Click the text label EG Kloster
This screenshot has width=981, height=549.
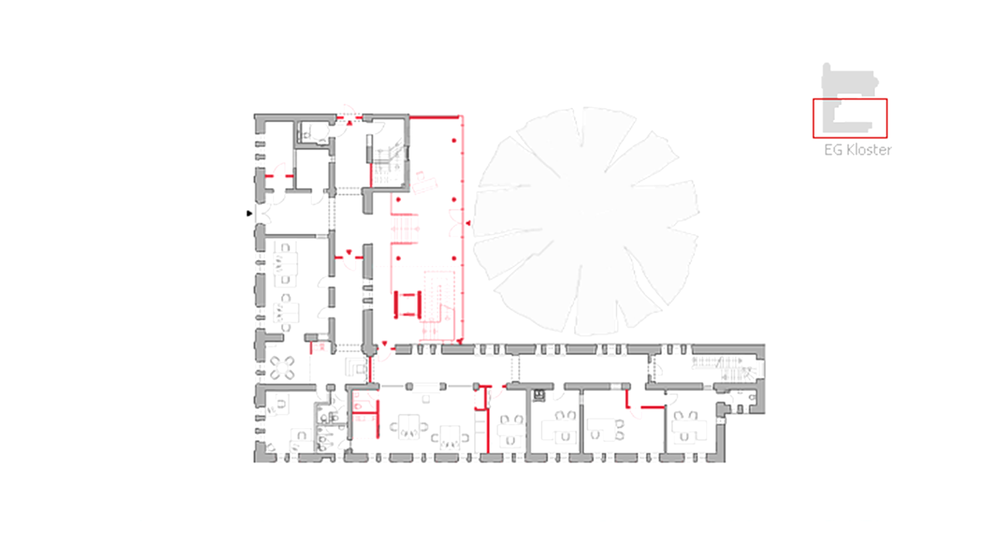(x=857, y=150)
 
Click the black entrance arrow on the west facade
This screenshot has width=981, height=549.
(x=249, y=213)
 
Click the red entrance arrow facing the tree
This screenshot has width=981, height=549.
(x=468, y=224)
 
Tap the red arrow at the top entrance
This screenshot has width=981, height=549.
(x=349, y=123)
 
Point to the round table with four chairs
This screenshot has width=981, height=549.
(x=282, y=368)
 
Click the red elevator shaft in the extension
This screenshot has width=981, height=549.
(x=408, y=305)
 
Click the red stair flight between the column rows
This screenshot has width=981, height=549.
(x=405, y=228)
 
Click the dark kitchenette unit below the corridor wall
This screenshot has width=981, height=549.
(x=539, y=395)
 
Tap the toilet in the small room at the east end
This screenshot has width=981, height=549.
(x=751, y=398)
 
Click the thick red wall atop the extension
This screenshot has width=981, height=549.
(x=434, y=117)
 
